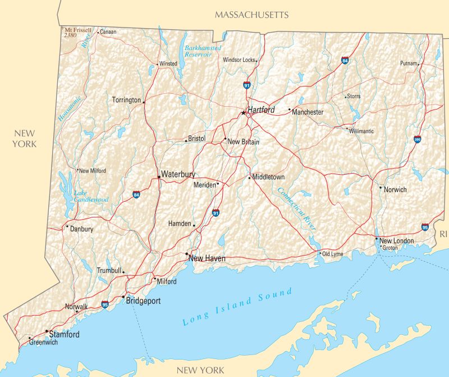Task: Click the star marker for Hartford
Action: point(243,113)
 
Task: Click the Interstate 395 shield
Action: point(418,139)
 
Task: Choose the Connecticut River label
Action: point(296,208)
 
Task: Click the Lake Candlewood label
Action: point(91,196)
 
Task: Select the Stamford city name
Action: point(64,334)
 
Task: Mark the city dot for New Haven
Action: point(187,254)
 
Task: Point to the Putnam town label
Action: point(409,63)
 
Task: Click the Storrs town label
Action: point(353,97)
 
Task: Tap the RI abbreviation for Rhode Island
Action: point(443,233)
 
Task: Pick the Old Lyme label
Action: point(332,254)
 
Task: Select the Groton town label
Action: point(390,248)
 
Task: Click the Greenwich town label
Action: point(43,342)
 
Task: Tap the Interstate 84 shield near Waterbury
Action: point(137,195)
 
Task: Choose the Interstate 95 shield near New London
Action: point(425,227)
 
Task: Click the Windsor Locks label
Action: point(239,60)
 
